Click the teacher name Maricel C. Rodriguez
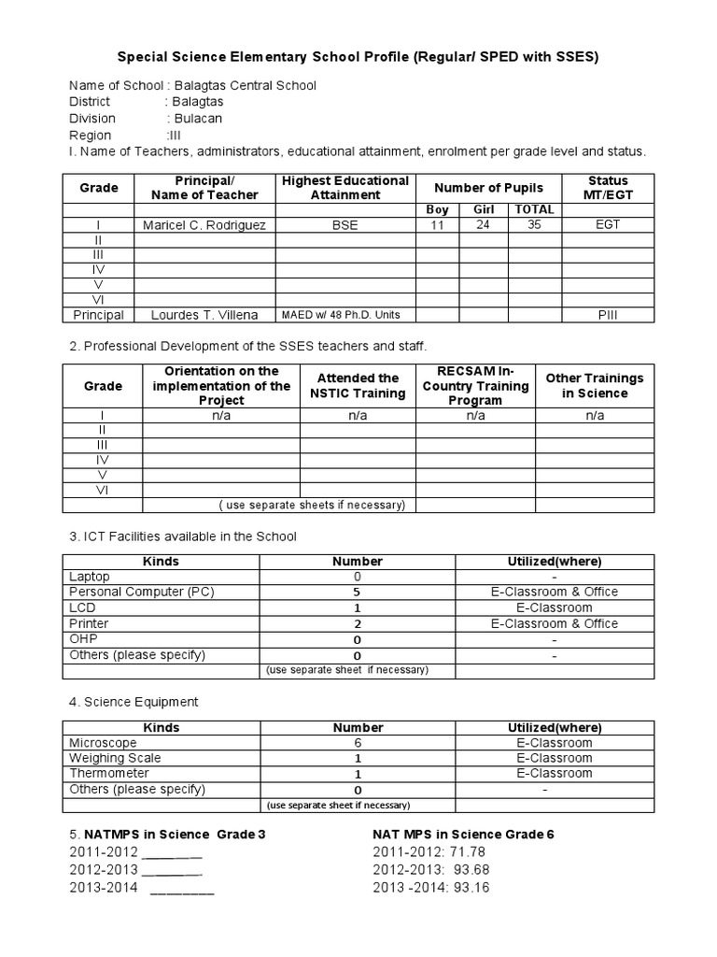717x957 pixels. [205, 225]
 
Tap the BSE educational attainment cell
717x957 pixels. [345, 225]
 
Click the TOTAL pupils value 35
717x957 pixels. [534, 225]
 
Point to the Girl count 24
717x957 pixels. [484, 225]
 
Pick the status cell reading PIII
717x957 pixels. [608, 315]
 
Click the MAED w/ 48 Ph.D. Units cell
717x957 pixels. [345, 315]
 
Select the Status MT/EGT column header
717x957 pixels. [608, 188]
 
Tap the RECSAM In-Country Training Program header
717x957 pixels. [475, 386]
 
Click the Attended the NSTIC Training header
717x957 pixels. [358, 386]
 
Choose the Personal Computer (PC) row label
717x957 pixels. [141, 592]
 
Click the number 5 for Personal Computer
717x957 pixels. [358, 592]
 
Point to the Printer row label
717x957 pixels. [89, 623]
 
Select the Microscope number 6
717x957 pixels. [358, 743]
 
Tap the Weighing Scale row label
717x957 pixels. [115, 758]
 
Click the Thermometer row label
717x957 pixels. [109, 774]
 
